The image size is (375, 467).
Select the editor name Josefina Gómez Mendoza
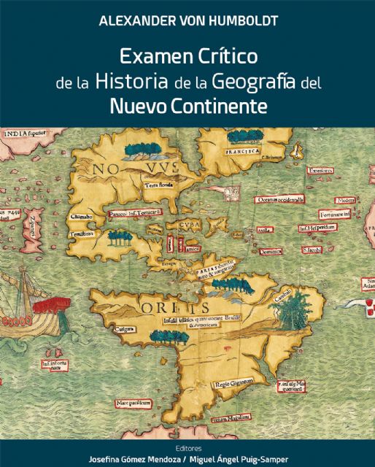136,459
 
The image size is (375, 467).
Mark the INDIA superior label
26,134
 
